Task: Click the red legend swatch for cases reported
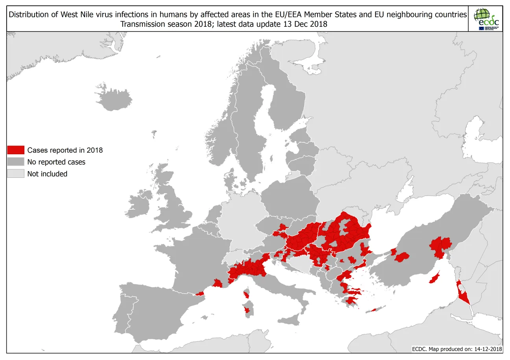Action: pos(16,150)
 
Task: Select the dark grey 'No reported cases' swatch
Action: pos(16,162)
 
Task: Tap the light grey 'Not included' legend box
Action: pos(16,174)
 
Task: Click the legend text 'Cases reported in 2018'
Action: pos(65,150)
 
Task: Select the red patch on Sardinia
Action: pos(247,310)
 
